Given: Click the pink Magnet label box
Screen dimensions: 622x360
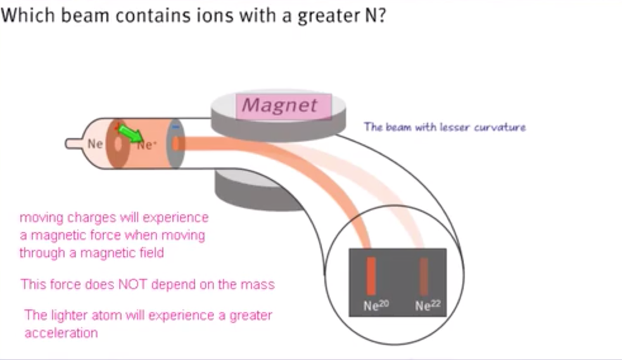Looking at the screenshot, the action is pos(283,105).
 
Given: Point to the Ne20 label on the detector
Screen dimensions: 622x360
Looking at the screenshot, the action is pos(376,305).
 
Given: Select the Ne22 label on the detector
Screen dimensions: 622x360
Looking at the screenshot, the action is pos(428,305).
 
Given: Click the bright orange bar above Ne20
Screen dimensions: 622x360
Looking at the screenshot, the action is pos(372,276).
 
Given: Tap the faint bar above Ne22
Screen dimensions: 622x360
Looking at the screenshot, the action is pos(423,276).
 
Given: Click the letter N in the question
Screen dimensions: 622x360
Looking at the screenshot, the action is pos(372,16).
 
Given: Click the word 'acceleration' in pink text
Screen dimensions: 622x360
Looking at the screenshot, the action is pos(61,332).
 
